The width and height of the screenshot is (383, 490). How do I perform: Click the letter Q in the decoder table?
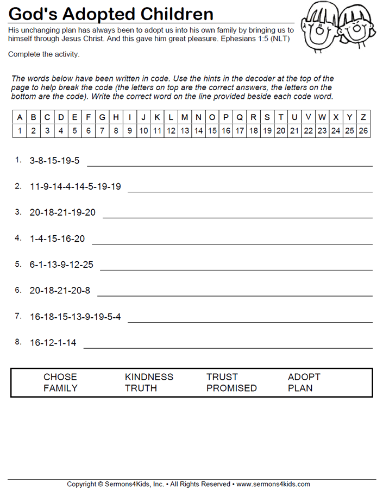pos(240,117)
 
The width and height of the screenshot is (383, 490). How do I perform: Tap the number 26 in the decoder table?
pos(363,131)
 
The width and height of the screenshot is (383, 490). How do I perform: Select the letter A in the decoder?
pos(20,117)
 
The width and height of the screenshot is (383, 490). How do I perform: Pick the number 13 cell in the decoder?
pos(185,131)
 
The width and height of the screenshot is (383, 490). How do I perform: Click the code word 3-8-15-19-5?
pos(54,161)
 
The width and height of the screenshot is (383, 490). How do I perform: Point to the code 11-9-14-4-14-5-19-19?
pos(75,187)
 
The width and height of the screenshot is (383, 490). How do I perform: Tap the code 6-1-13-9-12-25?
pos(61,265)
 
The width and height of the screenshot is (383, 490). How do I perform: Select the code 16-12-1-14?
pos(53,343)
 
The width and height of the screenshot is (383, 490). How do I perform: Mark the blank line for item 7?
pos(250,322)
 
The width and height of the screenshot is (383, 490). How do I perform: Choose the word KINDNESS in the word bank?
pos(149,377)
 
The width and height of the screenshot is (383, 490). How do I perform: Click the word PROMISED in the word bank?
pos(231,388)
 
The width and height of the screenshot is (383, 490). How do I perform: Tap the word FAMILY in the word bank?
pos(60,388)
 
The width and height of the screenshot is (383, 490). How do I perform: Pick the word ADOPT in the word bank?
pos(304,377)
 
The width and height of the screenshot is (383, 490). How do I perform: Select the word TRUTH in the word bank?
pos(141,388)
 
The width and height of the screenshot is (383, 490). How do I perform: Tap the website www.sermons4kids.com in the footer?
pos(273,484)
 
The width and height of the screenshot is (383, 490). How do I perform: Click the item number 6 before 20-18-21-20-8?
pos(18,290)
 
